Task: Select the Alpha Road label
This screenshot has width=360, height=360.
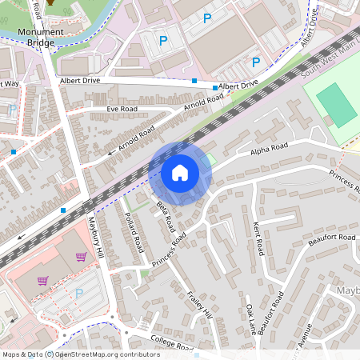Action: [268, 149]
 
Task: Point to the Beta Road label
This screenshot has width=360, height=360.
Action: [165, 214]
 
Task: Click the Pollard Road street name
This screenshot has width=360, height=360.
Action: [133, 230]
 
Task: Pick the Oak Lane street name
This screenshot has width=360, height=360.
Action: [250, 318]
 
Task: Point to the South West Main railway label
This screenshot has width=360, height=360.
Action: [330, 63]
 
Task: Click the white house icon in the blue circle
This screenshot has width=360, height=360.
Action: [180, 173]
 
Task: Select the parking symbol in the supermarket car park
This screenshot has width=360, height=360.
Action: [78, 294]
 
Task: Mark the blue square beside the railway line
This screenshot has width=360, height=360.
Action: [62, 210]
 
